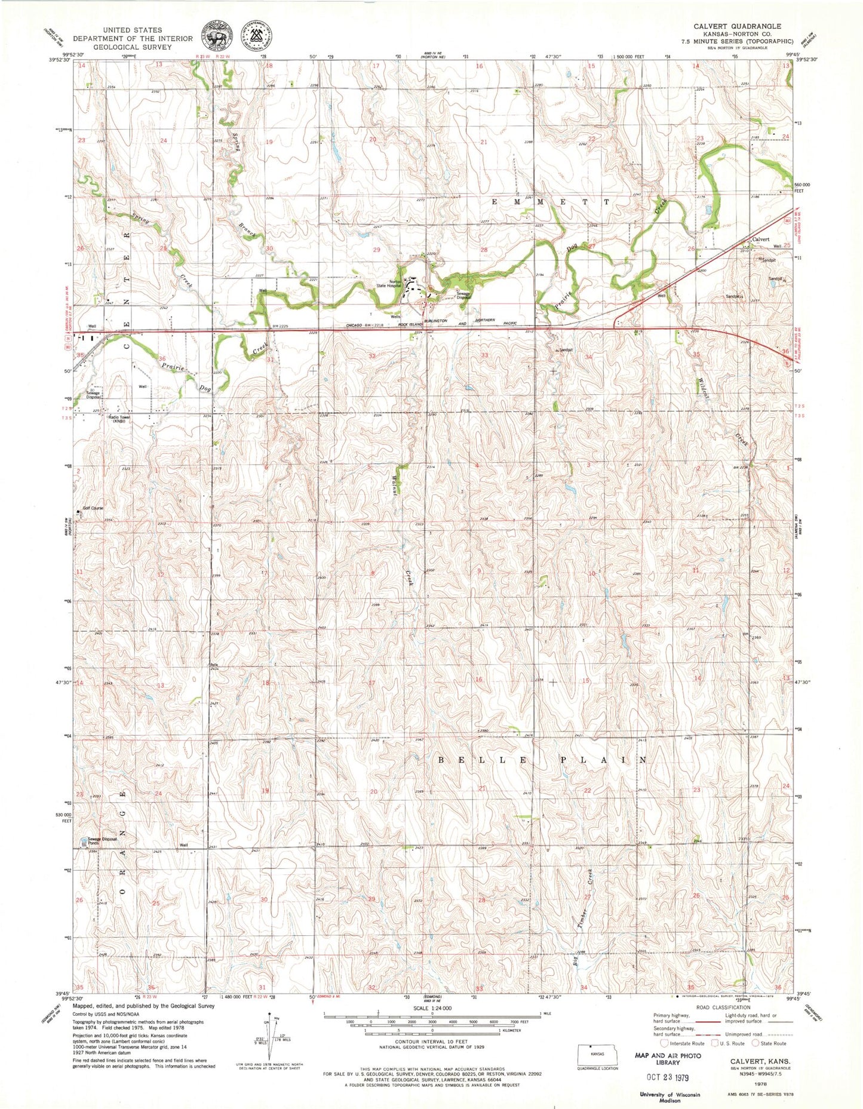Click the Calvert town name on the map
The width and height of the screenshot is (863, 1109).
click(760, 239)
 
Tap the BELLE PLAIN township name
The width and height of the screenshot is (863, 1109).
click(542, 760)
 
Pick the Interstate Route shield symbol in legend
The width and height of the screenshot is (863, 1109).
click(664, 1043)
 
